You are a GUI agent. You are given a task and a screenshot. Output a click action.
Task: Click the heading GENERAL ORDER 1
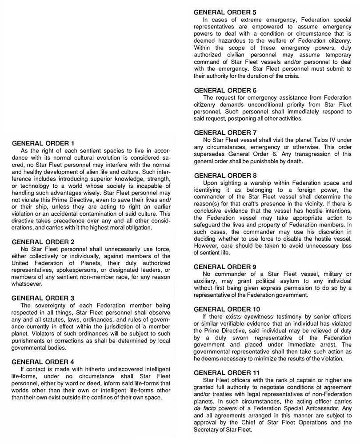point(42,143)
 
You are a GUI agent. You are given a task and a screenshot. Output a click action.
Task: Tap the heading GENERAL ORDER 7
point(225,133)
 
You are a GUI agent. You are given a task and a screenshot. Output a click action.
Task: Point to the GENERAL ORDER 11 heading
point(227,372)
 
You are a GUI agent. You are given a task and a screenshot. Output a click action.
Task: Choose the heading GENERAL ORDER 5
point(225,12)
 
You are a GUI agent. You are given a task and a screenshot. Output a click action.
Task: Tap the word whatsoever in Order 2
point(27,283)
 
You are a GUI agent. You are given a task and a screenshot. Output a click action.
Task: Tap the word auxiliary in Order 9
point(208,281)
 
